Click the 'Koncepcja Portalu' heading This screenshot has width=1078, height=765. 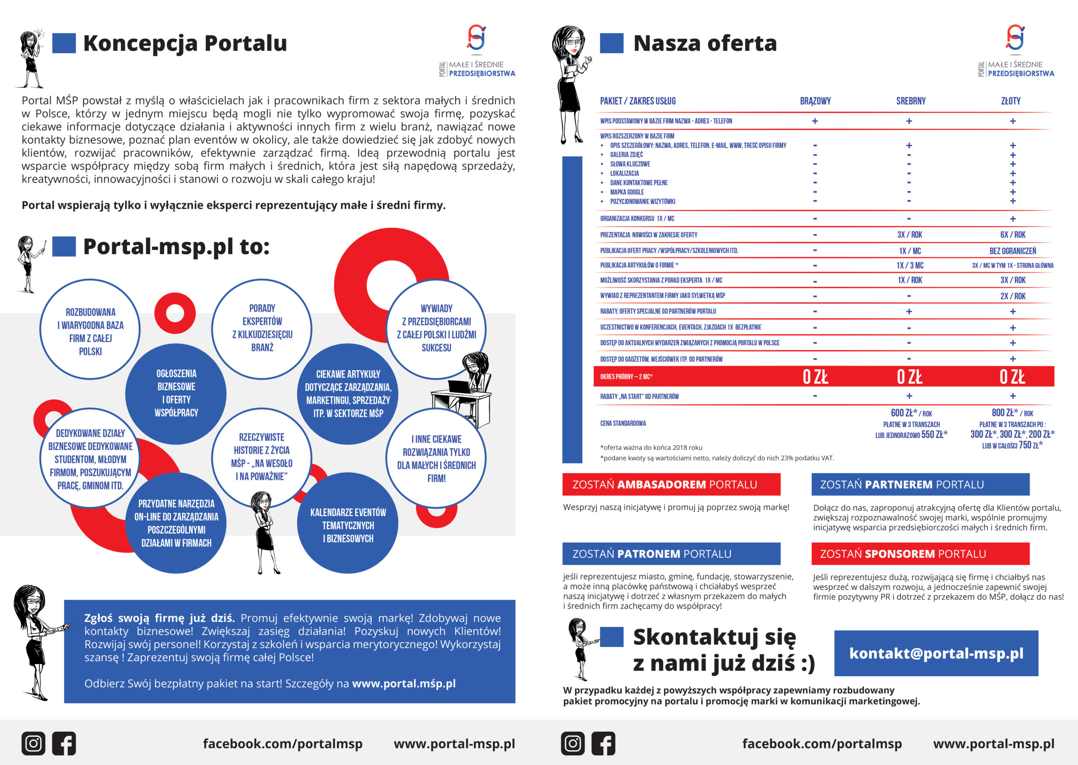(184, 43)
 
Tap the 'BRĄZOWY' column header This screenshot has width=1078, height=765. (815, 101)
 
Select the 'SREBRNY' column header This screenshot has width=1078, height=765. (910, 101)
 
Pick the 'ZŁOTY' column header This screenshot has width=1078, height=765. (1010, 101)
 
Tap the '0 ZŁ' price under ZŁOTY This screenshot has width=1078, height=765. (1012, 377)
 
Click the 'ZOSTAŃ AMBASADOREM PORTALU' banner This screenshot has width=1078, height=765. (671, 484)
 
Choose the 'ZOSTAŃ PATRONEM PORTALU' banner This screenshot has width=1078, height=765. (671, 554)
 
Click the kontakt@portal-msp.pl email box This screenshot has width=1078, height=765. (936, 653)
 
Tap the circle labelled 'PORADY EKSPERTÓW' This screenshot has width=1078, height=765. (262, 328)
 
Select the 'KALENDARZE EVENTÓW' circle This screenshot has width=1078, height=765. (348, 525)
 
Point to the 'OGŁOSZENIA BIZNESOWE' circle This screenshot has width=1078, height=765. (176, 393)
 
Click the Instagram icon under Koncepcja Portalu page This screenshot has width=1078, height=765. (33, 744)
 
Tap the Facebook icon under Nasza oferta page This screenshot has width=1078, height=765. (603, 744)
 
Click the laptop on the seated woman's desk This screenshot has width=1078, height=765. (459, 387)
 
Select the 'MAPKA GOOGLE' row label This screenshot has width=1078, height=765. (627, 192)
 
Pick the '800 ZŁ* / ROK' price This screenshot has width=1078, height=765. (1012, 413)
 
